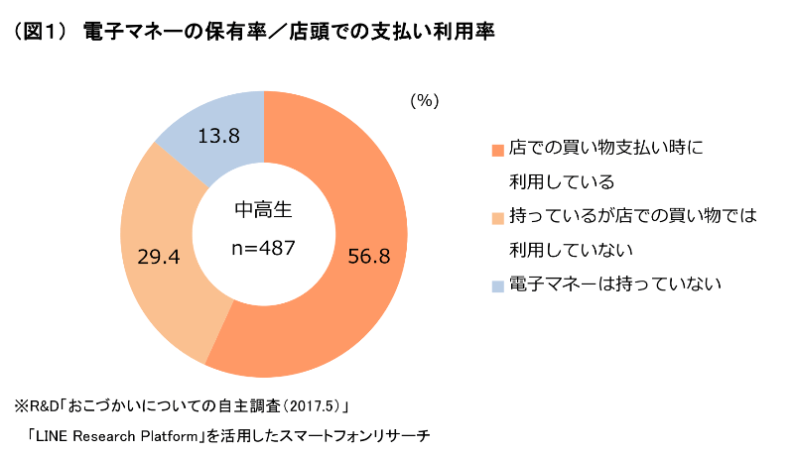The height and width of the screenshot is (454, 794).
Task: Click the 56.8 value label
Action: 369,257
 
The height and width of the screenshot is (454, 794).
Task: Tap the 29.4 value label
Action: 158,257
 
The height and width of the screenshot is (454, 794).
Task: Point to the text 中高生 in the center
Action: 263,211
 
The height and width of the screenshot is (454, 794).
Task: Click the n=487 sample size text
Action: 263,248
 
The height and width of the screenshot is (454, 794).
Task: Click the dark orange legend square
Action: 498,151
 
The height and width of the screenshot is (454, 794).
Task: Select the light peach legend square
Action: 498,216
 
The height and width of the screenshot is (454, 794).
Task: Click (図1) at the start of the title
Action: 38,32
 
